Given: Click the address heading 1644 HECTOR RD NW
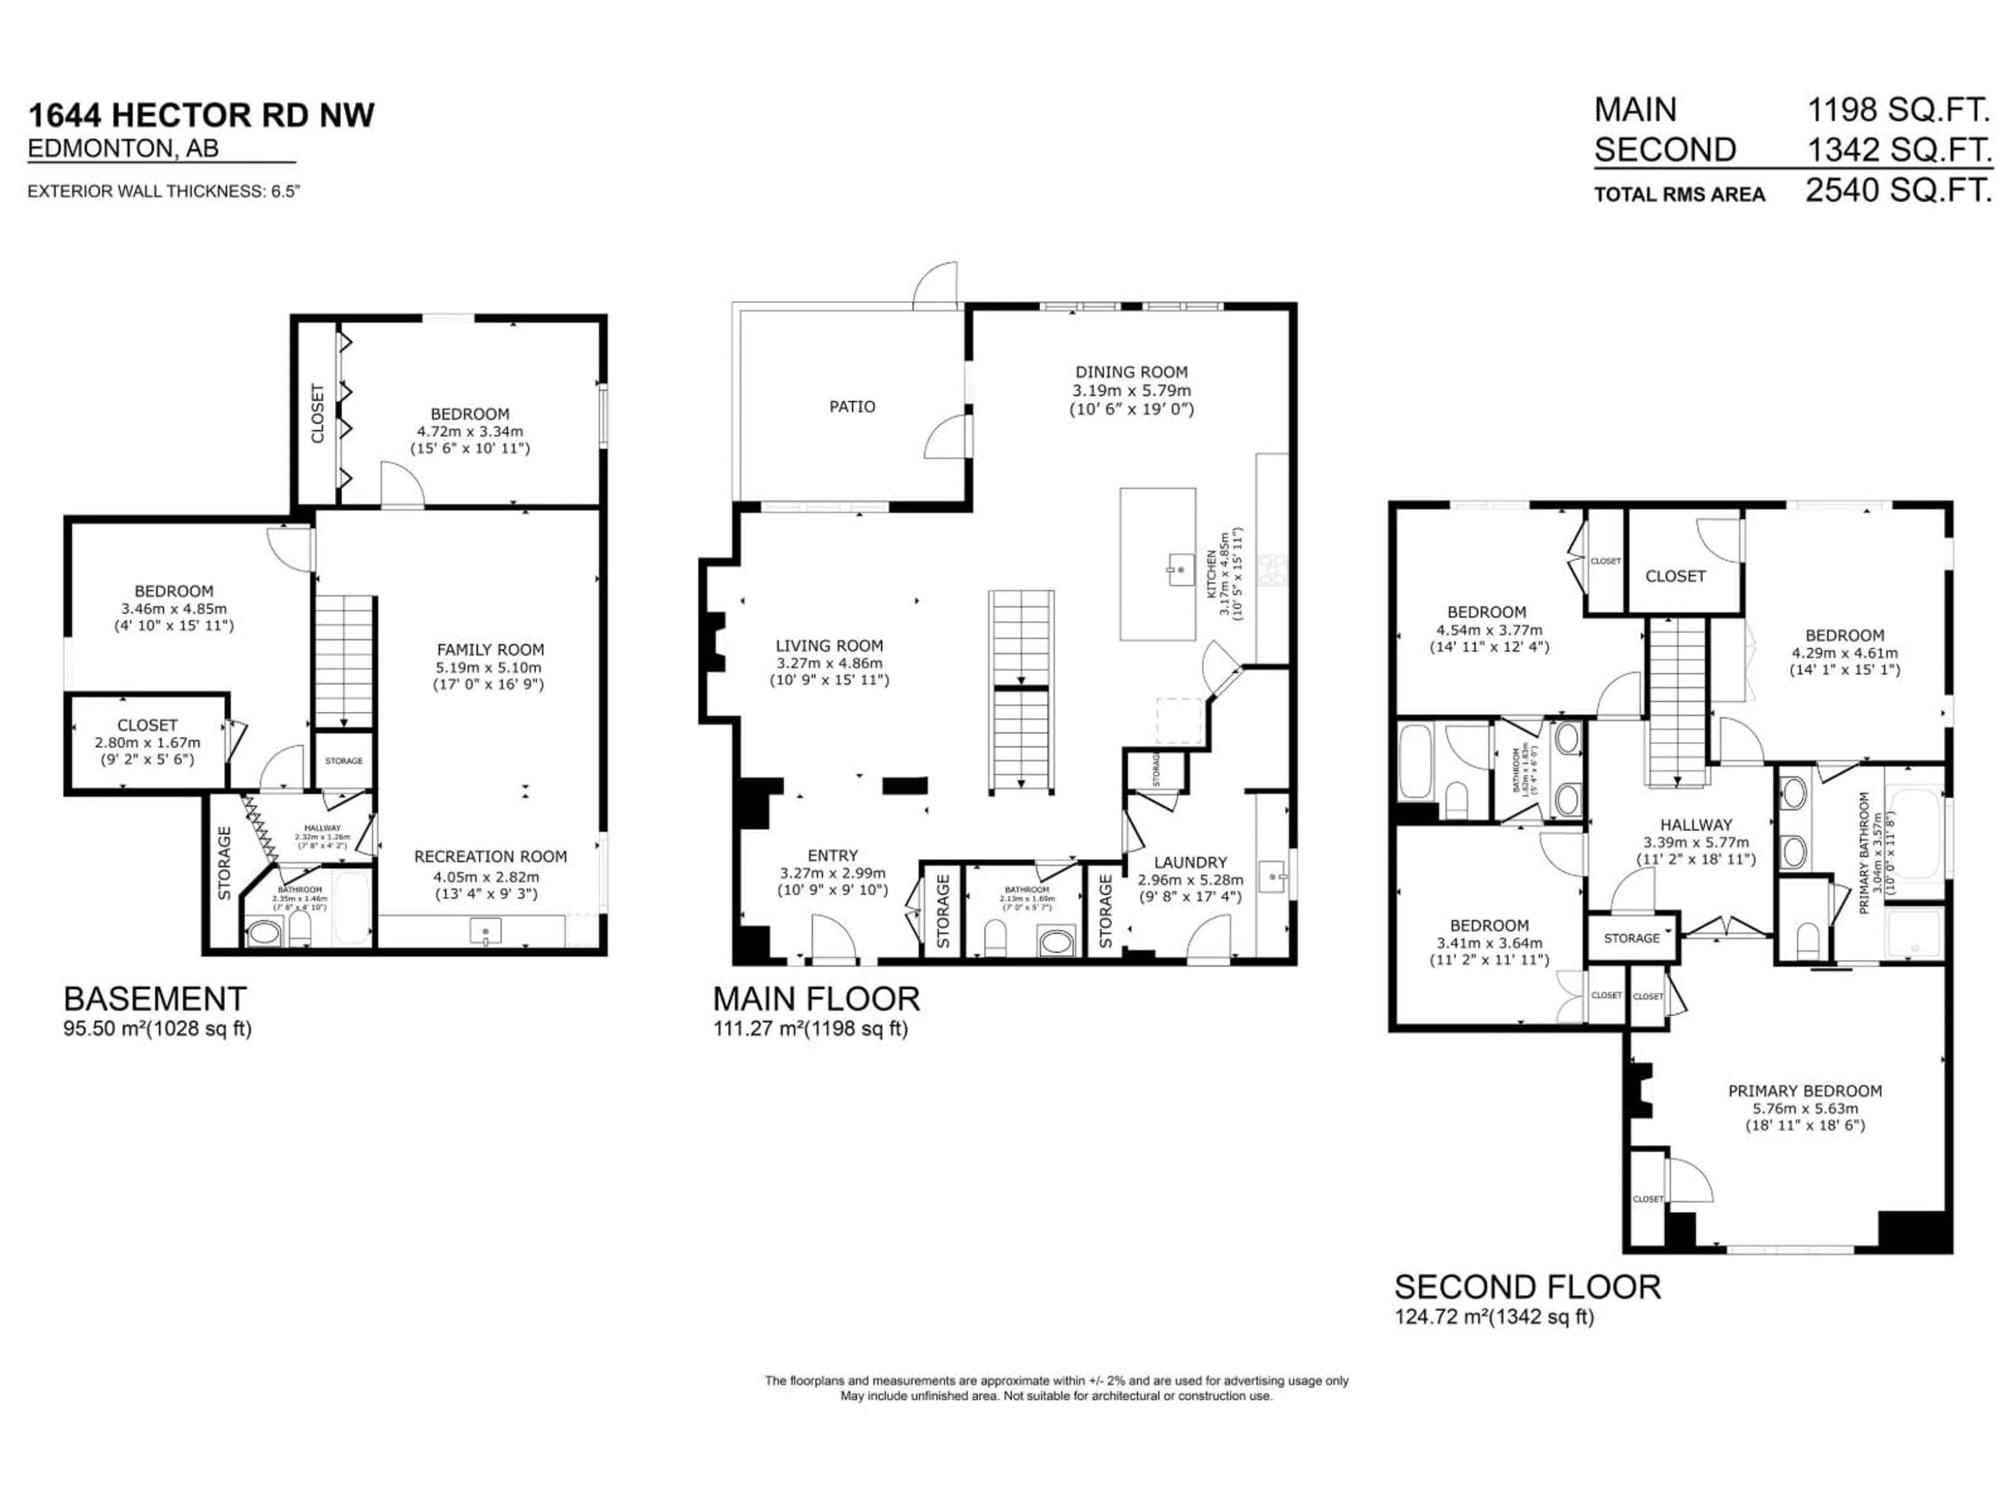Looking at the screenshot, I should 202,115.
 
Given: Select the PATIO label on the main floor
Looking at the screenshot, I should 852,406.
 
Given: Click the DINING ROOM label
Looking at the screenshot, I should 1131,372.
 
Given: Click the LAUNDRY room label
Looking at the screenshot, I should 1190,862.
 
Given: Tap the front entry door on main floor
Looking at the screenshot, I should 834,939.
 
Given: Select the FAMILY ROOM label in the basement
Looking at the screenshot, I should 490,650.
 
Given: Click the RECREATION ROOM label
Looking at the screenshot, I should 490,857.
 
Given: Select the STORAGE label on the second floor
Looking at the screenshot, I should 1631,938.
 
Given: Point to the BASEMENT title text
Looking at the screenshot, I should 155,999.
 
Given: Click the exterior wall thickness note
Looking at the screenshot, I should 164,192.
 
